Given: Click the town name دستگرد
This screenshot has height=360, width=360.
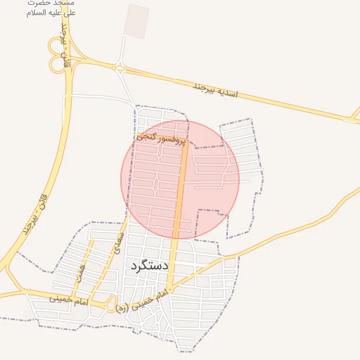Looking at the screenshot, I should point(149,266).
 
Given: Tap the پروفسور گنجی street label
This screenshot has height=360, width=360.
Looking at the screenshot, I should point(161,138).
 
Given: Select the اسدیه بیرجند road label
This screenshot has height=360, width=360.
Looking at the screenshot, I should point(217,89).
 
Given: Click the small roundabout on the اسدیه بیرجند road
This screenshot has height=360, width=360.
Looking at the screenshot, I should point(120,69).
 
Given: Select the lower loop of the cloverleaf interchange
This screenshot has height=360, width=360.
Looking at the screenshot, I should point(56,64).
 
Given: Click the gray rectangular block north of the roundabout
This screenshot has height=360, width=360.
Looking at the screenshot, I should point(136,20).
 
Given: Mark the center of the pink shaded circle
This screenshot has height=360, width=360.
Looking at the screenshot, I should point(180,179).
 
